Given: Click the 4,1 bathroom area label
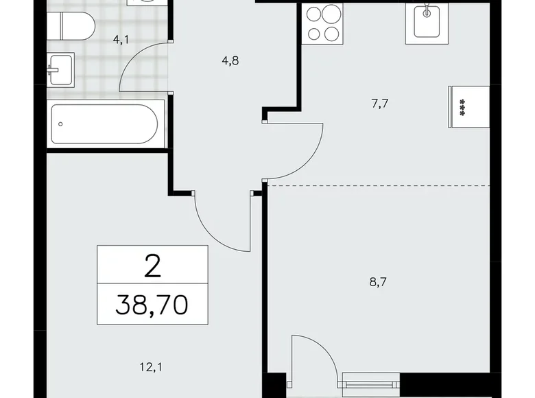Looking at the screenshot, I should pyautogui.click(x=121, y=39).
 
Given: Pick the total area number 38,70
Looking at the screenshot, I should pyautogui.click(x=152, y=303).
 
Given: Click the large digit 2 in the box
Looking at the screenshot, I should pyautogui.click(x=152, y=264).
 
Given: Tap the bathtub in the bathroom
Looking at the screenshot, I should pyautogui.click(x=107, y=124).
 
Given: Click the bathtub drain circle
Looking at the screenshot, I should pyautogui.click(x=62, y=124).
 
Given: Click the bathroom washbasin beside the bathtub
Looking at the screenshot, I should pyautogui.click(x=60, y=68).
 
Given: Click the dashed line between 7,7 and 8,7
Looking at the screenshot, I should pyautogui.click(x=377, y=185).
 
